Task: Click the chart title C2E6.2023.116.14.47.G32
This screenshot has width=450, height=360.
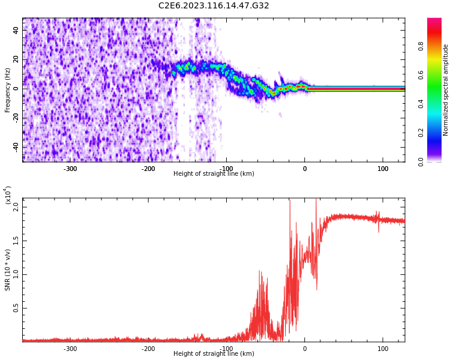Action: [x=214, y=5]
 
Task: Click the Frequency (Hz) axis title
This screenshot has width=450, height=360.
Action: [x=8, y=90]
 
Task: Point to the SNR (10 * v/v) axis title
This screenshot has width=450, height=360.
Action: [x=8, y=270]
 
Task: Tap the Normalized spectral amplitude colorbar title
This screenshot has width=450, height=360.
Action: [x=446, y=90]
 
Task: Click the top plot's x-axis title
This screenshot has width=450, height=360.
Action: [x=214, y=173]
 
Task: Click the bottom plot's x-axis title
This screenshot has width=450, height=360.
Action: [x=214, y=353]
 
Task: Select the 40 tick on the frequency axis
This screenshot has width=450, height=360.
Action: [x=16, y=30]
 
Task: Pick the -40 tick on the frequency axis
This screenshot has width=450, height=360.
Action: [x=15, y=147]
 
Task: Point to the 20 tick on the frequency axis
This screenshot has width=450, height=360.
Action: [x=16, y=59]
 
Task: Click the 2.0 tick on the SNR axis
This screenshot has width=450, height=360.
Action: [x=16, y=206]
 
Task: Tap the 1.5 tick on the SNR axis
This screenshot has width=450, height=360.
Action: [x=16, y=241]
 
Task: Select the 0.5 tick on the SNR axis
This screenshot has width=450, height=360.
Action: [x=16, y=308]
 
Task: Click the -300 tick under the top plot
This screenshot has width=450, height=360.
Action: [x=70, y=169]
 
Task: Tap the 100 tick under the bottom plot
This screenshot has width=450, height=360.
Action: [x=383, y=349]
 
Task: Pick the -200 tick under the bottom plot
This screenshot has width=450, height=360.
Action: [x=148, y=349]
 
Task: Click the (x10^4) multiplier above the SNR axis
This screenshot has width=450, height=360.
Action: [x=8, y=196]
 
